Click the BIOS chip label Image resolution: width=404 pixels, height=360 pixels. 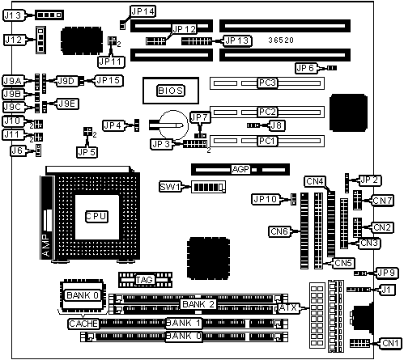[x=171, y=91]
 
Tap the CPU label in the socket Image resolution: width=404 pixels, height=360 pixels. [x=96, y=217]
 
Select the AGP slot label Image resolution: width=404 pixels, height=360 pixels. [x=240, y=169]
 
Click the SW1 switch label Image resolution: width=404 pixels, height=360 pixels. [x=170, y=187]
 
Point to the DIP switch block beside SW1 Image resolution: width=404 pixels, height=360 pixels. [x=208, y=187]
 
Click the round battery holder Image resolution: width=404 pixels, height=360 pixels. [x=173, y=125]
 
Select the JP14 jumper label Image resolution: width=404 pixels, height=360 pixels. [x=142, y=11]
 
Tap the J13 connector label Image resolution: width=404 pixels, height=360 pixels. [x=14, y=15]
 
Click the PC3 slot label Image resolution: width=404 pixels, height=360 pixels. [x=267, y=83]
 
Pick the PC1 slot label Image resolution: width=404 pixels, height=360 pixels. [x=267, y=141]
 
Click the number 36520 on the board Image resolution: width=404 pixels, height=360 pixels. [x=281, y=40]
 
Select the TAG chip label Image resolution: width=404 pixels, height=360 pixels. [x=145, y=280]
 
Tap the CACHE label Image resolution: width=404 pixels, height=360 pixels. [x=83, y=324]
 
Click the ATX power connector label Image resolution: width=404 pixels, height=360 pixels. [x=288, y=307]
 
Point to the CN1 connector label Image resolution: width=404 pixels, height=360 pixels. [x=390, y=343]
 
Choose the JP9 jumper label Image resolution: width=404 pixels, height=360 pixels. [x=386, y=273]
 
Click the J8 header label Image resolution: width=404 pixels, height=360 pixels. [x=276, y=125]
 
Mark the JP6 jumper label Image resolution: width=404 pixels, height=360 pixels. [x=305, y=68]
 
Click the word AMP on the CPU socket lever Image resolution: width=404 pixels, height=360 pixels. [x=46, y=245]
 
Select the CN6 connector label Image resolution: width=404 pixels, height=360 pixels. [x=279, y=231]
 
